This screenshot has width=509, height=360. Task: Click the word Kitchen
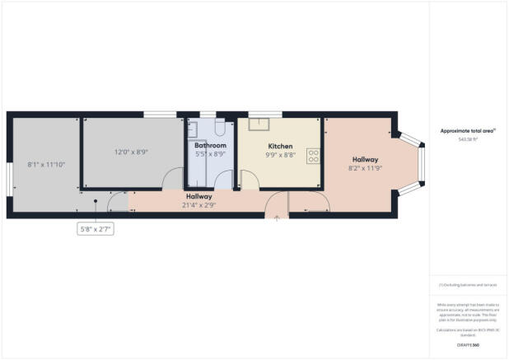point(279,145)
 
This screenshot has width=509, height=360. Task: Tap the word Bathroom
point(210,145)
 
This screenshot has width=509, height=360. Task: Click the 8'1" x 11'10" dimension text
point(45,163)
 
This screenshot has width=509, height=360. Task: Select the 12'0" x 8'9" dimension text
point(132,152)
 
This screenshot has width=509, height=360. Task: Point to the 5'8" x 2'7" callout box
point(96,229)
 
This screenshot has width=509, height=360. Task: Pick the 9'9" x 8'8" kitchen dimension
point(279,154)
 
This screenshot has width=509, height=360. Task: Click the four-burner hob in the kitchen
point(314,155)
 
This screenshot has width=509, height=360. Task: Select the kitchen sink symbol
point(261,124)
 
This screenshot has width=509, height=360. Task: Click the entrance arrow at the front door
point(277,217)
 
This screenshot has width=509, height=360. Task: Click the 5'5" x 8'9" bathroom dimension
point(210,154)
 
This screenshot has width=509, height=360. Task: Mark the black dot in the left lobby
point(96,200)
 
